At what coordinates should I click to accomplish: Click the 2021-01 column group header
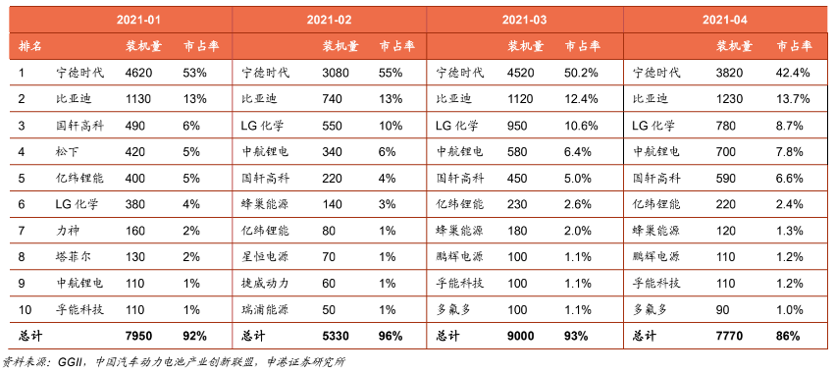pos(138,21)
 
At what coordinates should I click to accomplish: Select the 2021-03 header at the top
pos(525,21)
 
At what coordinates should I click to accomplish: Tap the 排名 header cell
pos(30,46)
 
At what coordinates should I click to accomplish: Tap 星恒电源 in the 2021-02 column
pos(265,257)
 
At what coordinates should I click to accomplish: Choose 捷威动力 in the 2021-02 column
pos(265,284)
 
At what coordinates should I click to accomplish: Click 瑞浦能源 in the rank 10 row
pos(265,310)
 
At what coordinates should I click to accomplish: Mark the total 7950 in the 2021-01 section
pos(138,337)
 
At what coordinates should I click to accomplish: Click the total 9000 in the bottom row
pos(520,337)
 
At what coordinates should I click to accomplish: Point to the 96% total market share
pos(391,337)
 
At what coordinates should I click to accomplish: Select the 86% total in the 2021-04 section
pos(788,337)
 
